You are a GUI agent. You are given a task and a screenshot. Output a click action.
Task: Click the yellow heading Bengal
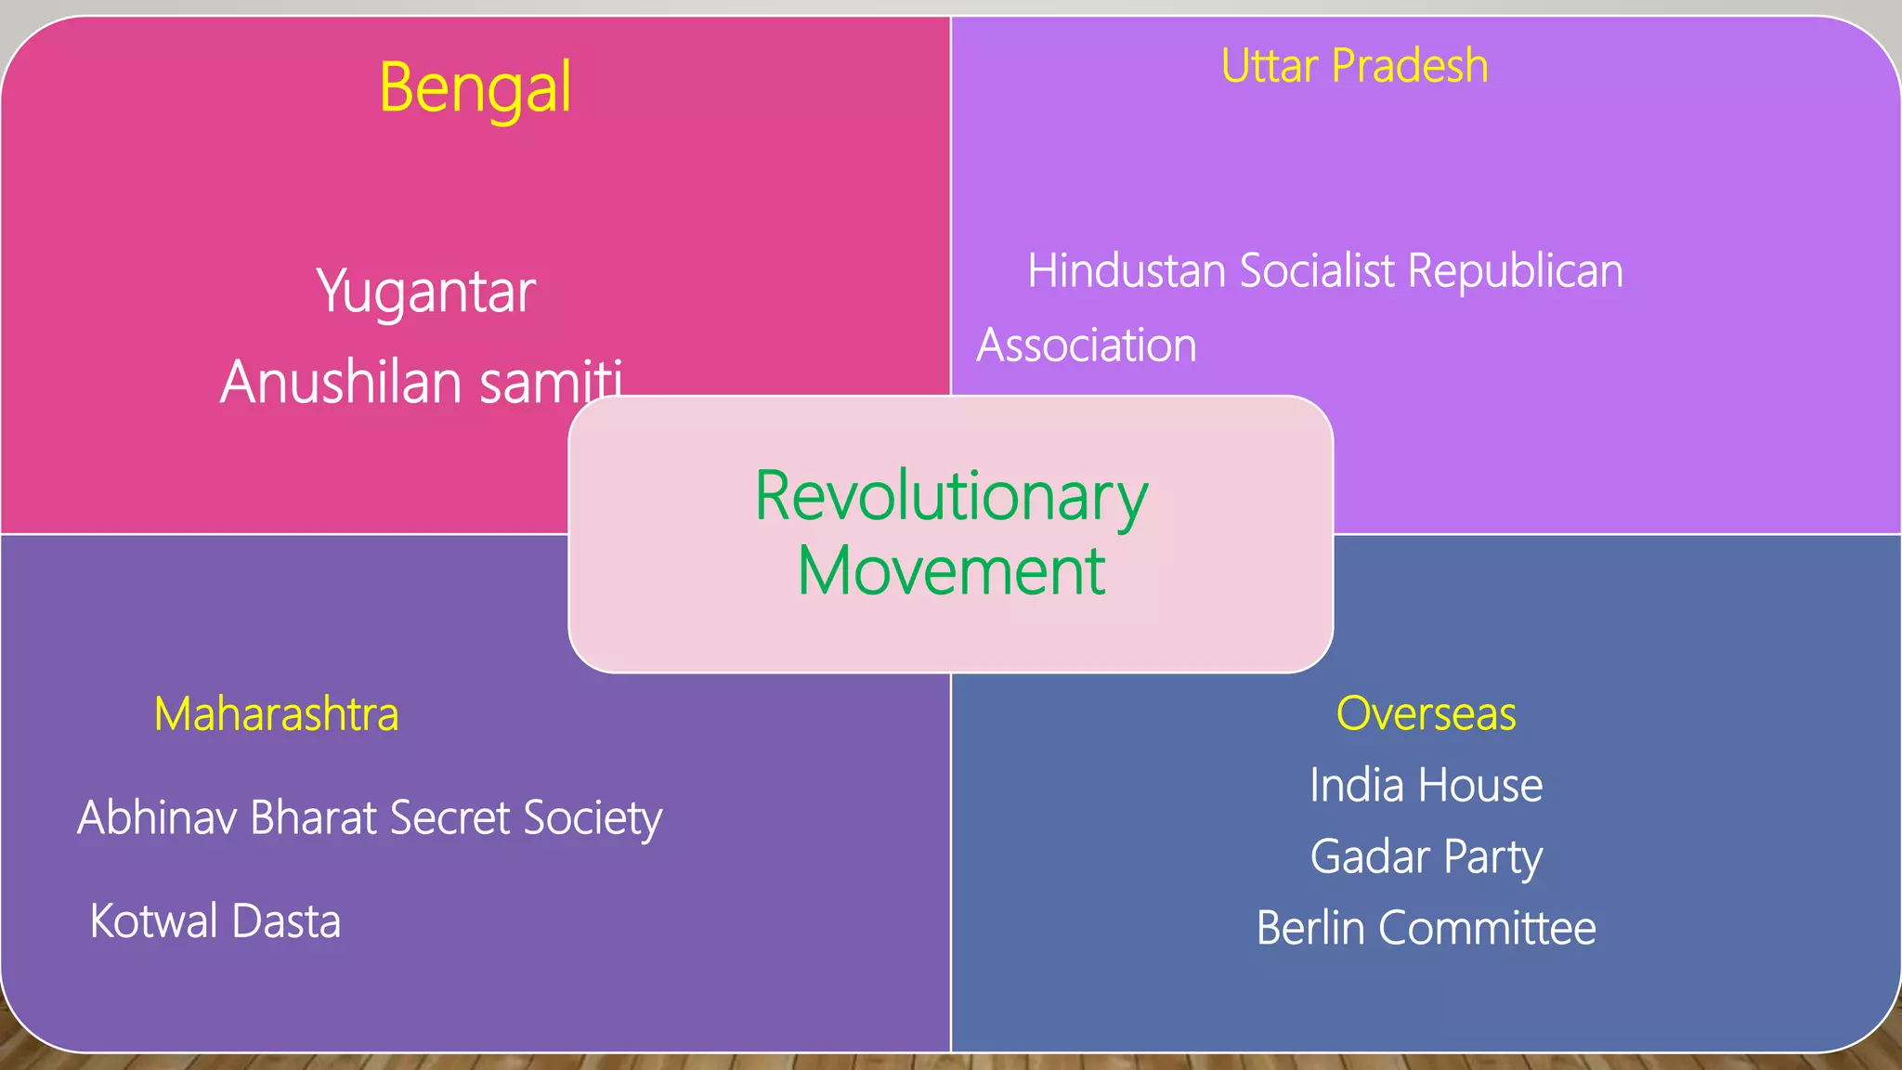coord(475,88)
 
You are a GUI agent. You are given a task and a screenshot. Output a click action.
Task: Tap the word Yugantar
coord(425,292)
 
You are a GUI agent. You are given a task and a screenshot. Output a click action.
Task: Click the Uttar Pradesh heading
coord(1354,66)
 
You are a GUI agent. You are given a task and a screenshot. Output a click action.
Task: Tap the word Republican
coord(1515,271)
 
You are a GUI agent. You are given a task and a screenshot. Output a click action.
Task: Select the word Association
coord(1086,346)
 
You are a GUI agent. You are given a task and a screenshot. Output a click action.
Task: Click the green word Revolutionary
coord(951,497)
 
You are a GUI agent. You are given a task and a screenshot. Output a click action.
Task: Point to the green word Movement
coord(951,570)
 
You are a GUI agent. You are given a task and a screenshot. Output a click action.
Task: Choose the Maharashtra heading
coord(276,714)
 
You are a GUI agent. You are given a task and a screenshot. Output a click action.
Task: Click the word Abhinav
coord(157,818)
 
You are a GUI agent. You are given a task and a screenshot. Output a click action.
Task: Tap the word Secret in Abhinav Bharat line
coord(449,818)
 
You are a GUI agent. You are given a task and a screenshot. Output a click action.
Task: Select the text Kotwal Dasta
coord(215,921)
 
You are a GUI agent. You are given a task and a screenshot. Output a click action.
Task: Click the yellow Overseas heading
coord(1426,713)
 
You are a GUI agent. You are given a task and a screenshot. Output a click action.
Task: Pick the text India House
coord(1426,785)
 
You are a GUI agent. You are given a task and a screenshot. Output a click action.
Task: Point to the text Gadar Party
coord(1426,856)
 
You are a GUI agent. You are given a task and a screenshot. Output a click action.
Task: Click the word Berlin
coord(1311,928)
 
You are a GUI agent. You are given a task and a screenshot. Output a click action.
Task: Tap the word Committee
coord(1487,928)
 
